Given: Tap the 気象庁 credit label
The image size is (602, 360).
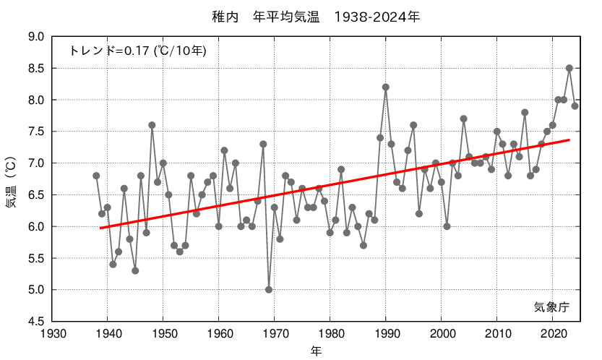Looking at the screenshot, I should click(551, 307).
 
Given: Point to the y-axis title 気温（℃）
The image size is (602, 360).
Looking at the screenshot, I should click(12, 179).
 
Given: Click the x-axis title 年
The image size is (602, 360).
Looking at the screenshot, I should click(317, 351).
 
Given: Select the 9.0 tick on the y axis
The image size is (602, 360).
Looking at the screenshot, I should click(35, 37).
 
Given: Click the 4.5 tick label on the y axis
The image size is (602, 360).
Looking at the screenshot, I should click(35, 322).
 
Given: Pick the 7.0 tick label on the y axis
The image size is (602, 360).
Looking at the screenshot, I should click(35, 163).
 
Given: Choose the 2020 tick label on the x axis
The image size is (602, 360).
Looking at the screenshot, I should click(552, 333).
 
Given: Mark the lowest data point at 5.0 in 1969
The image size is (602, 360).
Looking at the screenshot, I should click(269, 290).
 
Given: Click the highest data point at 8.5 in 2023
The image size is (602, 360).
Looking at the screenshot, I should click(569, 68).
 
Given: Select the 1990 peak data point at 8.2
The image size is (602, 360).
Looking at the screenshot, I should click(386, 87).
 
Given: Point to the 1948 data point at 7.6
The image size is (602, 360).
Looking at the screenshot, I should click(152, 125).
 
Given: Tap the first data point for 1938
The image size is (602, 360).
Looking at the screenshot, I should click(96, 176).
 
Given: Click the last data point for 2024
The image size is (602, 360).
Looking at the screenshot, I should click(575, 106).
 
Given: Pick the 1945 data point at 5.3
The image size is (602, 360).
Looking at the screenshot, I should click(135, 271).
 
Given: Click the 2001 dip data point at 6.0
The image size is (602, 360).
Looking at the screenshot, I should click(447, 226).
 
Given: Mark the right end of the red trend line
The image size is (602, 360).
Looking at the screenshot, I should click(569, 140).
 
